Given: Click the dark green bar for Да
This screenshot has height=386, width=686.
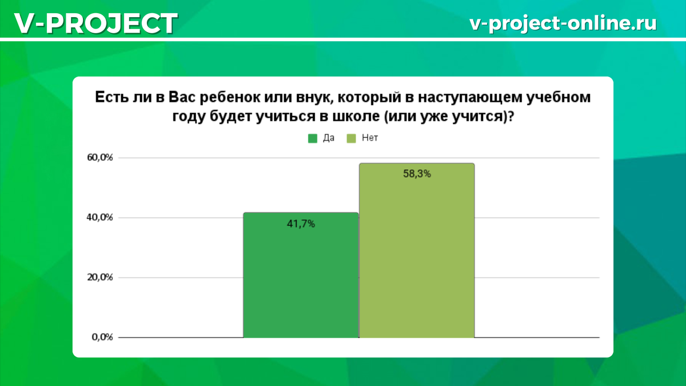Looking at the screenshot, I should [301, 275].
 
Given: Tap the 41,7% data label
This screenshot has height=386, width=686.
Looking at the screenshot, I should [301, 224].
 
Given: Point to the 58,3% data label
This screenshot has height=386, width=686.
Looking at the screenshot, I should [417, 174].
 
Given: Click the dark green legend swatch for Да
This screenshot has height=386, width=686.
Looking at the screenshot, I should [313, 138].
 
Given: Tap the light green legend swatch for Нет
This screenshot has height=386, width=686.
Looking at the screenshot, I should [352, 138].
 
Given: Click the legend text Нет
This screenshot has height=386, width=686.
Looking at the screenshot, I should [370, 138].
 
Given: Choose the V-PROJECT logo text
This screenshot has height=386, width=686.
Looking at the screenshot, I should [95, 24].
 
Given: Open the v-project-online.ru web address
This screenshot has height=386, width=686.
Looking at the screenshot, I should [563, 23].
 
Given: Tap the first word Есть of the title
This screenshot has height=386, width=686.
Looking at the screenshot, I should [110, 98].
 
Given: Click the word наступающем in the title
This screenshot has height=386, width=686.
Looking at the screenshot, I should [478, 98].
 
